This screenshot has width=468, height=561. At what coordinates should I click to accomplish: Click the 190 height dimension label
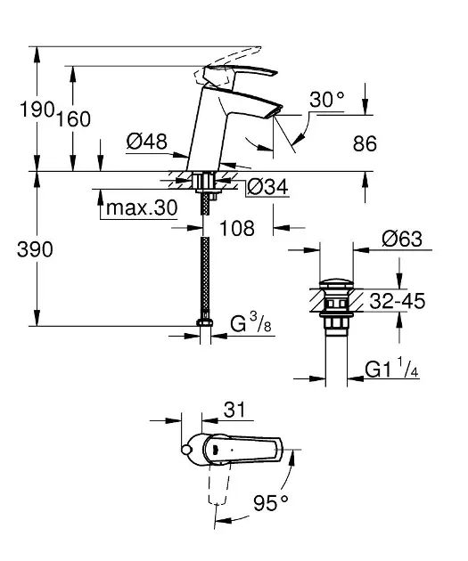point(37,109)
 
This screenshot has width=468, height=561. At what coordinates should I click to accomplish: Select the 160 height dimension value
point(74,118)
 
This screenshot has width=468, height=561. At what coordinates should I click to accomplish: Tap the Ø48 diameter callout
point(147,142)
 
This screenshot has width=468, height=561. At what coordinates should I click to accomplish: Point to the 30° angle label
point(327,100)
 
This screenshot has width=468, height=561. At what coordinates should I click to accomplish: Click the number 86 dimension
point(365,144)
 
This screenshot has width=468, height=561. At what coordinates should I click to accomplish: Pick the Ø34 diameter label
point(267,187)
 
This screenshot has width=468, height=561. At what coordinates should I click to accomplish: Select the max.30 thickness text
point(142,207)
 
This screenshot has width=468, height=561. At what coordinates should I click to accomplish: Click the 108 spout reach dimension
point(237,228)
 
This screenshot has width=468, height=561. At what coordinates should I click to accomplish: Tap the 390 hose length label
point(35,249)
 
